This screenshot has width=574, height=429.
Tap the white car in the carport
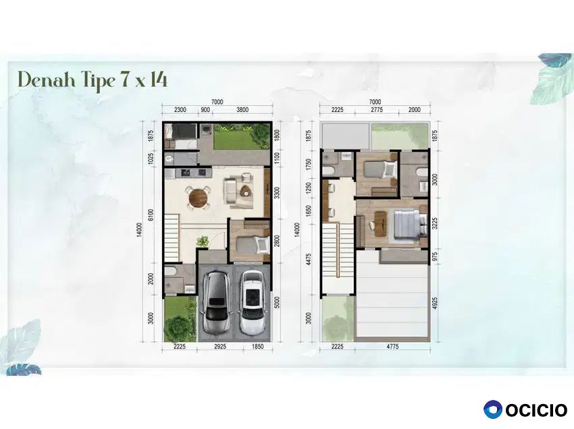pos(252,303)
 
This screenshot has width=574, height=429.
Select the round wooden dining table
pos(198,198)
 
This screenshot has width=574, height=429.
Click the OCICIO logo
pos(525,409)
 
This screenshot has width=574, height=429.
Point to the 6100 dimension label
pos(151,214)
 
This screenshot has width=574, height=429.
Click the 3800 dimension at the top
pos(242,110)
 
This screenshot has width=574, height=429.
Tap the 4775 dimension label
pos(392,346)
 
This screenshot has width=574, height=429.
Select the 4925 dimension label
pos(435,304)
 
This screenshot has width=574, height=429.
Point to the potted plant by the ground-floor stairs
pos(202,241)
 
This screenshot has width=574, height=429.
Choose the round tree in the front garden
pos(178,328)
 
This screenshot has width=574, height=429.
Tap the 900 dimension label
pos(205,110)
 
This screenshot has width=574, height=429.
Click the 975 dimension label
pos(435,257)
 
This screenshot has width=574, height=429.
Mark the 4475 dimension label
pos(307,259)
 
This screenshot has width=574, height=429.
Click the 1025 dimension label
pos(151,159)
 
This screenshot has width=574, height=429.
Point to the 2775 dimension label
pos(376,110)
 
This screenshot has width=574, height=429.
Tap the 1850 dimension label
pos(258,346)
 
